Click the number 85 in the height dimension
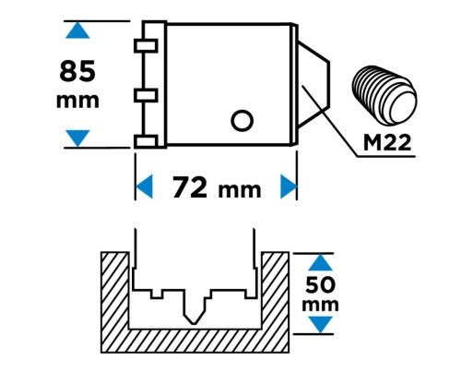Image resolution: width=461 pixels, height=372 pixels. pyautogui.click(x=77, y=71)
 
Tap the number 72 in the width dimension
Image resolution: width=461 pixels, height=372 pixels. pyautogui.click(x=190, y=187)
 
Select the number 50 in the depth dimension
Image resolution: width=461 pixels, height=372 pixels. pyautogui.click(x=320, y=285)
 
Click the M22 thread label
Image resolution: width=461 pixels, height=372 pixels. pyautogui.click(x=387, y=143)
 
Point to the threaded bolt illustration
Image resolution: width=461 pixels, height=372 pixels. pyautogui.click(x=384, y=95)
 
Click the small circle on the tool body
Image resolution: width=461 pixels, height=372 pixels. pyautogui.click(x=242, y=120)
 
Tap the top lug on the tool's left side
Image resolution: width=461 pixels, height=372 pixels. pyautogui.click(x=146, y=45)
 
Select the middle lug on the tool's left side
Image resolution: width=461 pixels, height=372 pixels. pyautogui.click(x=146, y=95)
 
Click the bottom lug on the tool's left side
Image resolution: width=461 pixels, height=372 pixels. pyautogui.click(x=146, y=141)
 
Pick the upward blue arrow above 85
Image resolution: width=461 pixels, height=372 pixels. pyautogui.click(x=77, y=30)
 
